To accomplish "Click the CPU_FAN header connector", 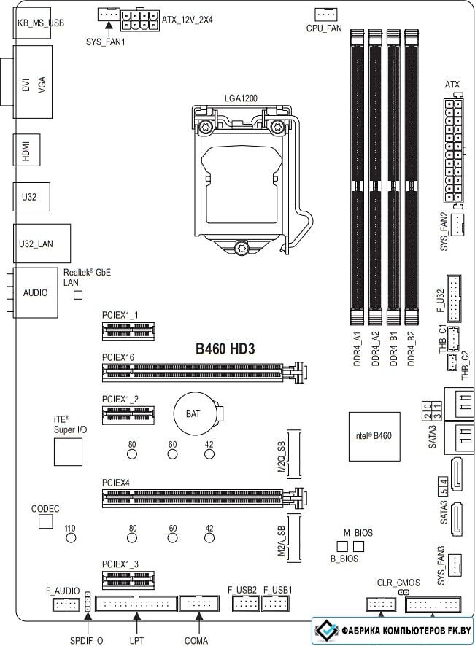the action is (x=325, y=15).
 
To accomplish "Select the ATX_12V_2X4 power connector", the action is (x=140, y=20).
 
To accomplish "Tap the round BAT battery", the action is (x=193, y=413).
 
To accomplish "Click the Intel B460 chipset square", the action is (x=374, y=436).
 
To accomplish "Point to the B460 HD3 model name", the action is (x=225, y=349).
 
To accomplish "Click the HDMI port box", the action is (x=26, y=150).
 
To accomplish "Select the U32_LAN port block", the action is (x=42, y=244).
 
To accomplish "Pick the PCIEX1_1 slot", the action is (x=128, y=331).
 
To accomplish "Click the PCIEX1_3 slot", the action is (x=128, y=580).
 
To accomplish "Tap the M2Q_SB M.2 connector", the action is (x=294, y=454).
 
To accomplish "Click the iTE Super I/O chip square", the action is (x=68, y=451).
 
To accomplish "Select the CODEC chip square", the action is (x=46, y=521).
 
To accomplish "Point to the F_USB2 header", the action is (x=246, y=604).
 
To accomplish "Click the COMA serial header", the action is (x=198, y=604).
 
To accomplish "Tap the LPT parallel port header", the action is (x=136, y=604).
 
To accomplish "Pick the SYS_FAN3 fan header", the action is (x=455, y=565).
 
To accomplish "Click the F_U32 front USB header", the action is (x=454, y=299).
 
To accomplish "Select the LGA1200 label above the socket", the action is (x=241, y=98).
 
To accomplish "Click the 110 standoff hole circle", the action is (x=71, y=537).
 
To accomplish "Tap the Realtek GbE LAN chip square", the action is (x=78, y=295).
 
